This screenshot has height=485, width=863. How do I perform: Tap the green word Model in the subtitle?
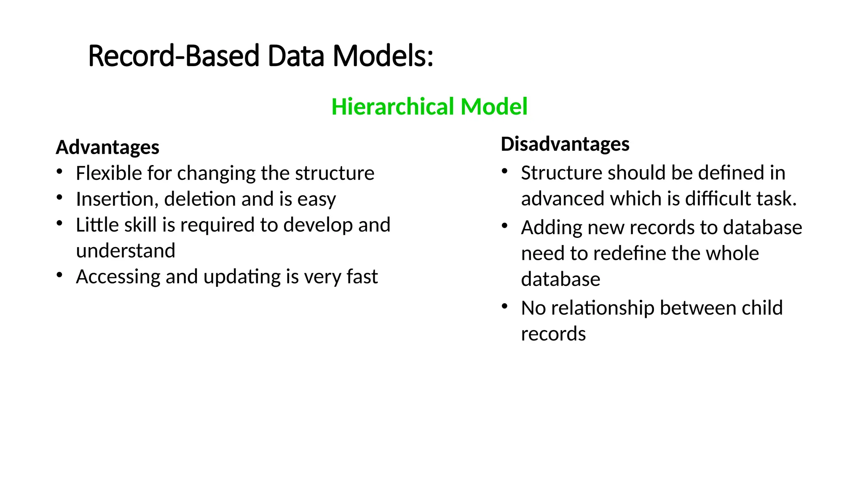[494, 107]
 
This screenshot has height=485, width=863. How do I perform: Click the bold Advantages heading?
[107, 147]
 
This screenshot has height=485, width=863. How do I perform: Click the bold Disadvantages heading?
[565, 144]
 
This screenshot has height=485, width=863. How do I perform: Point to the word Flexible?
[108, 173]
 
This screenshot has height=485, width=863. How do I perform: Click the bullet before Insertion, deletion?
[60, 197]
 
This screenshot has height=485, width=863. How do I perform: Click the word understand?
[126, 251]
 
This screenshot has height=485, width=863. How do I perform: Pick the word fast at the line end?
[362, 277]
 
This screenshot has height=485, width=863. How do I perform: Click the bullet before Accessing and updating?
[60, 275]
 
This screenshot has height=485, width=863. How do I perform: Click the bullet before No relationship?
[505, 306]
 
